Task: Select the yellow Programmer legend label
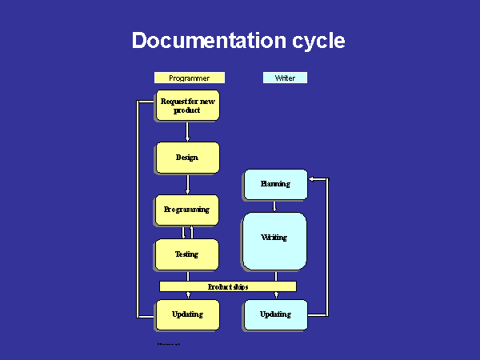(x=190, y=78)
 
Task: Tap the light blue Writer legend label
(x=285, y=78)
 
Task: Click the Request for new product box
(x=186, y=106)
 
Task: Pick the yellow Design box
(x=186, y=158)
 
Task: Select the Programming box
(x=186, y=210)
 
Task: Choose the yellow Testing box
(x=186, y=254)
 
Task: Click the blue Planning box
(x=274, y=184)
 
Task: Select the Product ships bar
(x=228, y=286)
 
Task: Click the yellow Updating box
(x=186, y=314)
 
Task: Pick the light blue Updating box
(x=274, y=314)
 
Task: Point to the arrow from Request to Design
(x=187, y=131)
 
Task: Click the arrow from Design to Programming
(x=187, y=185)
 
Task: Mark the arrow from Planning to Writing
(x=275, y=206)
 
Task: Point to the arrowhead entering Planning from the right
(x=312, y=180)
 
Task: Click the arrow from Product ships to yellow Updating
(x=187, y=296)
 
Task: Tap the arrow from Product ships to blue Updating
(x=275, y=296)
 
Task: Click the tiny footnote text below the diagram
(x=168, y=342)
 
